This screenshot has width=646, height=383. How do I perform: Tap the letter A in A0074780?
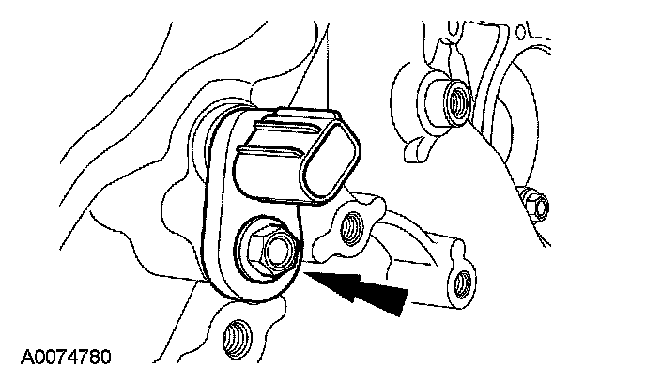(x=23, y=357)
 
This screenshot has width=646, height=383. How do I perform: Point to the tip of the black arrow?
(x=308, y=273)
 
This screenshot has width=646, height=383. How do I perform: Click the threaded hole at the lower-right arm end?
(x=459, y=278)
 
